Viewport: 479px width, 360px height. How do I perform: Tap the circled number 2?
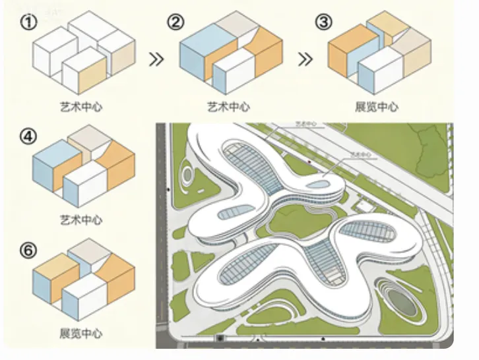176,22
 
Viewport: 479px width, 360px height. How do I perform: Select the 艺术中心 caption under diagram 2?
228,105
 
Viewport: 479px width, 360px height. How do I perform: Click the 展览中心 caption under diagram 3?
377,105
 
